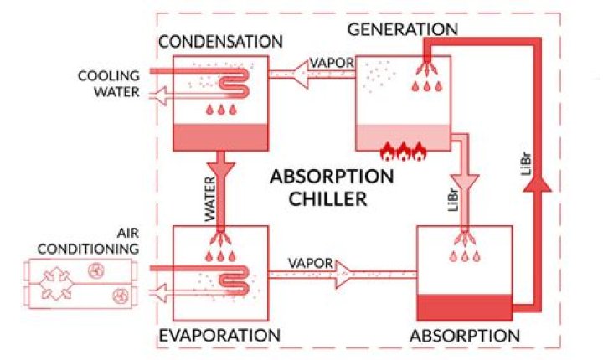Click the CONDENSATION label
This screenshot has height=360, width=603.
tap(220, 42)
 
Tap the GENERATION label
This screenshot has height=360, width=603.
tap(402, 29)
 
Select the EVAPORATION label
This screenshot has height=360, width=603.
tap(219, 336)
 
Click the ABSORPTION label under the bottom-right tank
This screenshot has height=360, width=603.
tap(465, 336)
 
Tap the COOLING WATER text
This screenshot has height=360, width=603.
tap(108, 82)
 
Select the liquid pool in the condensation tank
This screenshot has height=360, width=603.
tap(220, 135)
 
